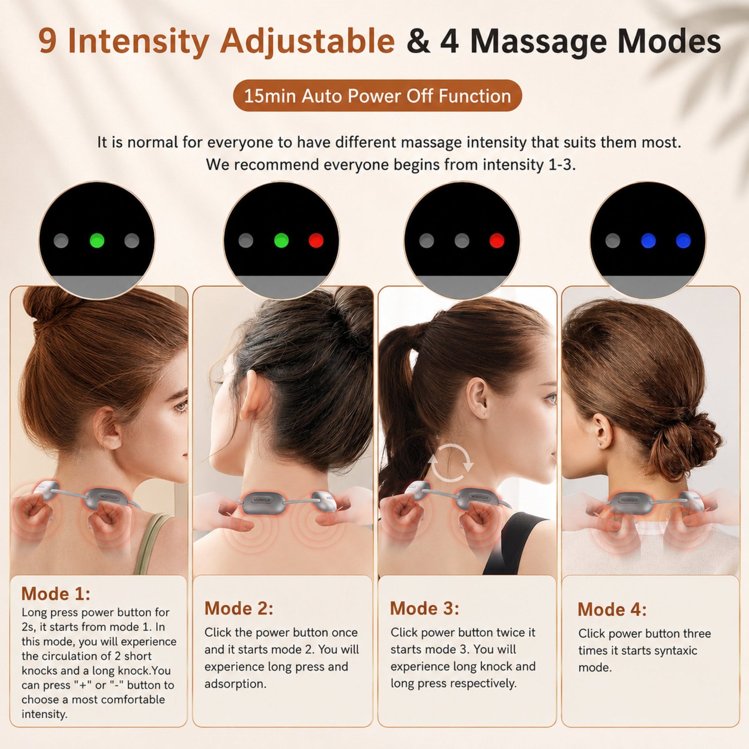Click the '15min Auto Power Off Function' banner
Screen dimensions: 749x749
tap(377, 96)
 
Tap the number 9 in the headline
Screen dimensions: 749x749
tap(48, 42)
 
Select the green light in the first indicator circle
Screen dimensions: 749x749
tap(97, 240)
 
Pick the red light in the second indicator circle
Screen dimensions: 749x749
tap(316, 240)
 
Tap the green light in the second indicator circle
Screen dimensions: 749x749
tap(281, 240)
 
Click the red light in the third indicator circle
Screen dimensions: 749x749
tap(497, 240)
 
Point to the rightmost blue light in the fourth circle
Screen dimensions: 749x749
tap(683, 240)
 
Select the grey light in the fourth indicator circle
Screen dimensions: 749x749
tap(612, 240)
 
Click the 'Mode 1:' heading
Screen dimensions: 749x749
tap(56, 594)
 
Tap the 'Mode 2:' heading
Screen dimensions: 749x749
tap(239, 608)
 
